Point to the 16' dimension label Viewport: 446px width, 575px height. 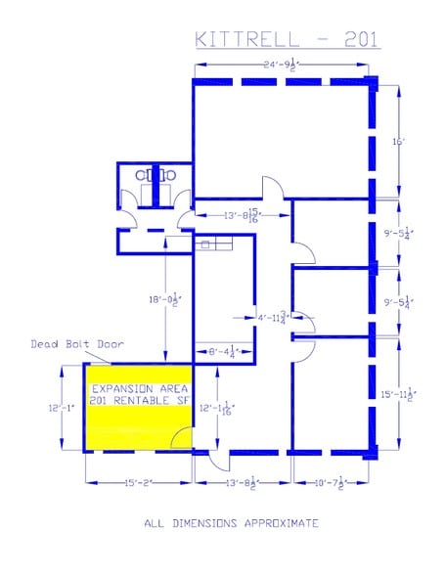[398, 141]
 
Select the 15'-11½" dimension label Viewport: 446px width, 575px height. [398, 394]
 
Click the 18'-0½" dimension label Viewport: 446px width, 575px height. [167, 303]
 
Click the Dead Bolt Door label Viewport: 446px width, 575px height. [62, 343]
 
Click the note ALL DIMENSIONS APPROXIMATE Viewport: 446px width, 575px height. [231, 523]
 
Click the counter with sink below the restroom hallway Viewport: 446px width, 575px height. [211, 243]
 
